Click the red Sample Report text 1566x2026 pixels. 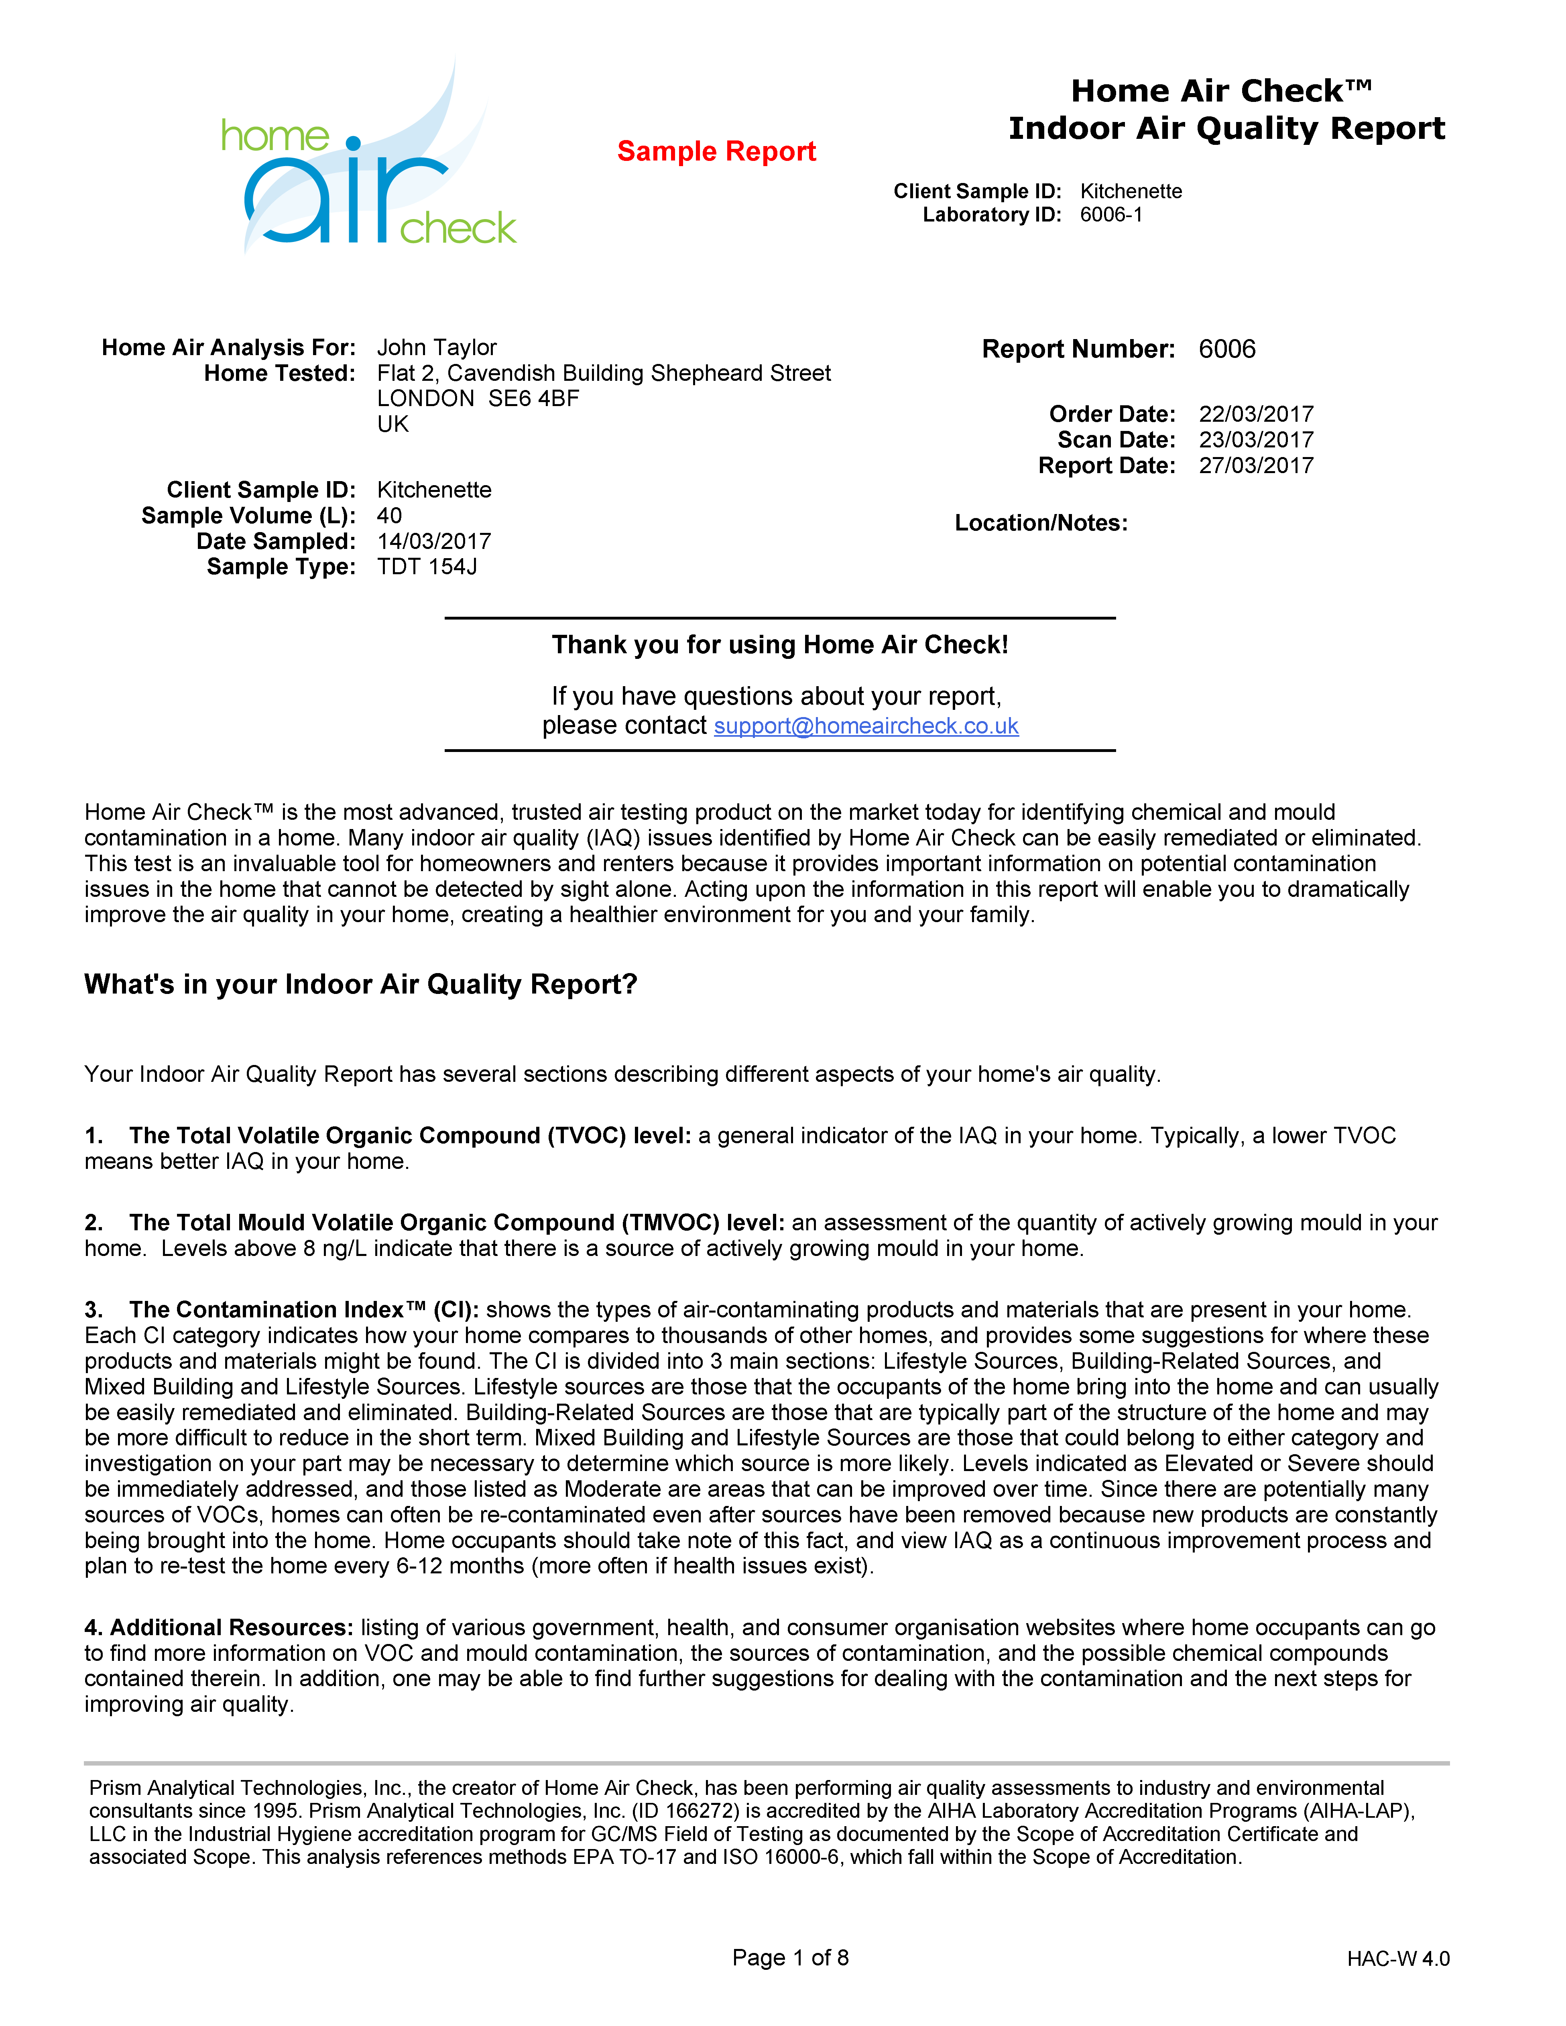click(716, 151)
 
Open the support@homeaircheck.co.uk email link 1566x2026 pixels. click(866, 726)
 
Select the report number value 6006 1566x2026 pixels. click(1226, 350)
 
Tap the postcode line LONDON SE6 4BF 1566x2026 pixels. click(478, 399)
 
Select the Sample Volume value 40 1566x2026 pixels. click(390, 516)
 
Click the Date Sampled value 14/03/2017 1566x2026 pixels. click(433, 542)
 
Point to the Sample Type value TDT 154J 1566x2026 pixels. click(427, 567)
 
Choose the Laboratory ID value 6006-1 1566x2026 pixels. click(1110, 215)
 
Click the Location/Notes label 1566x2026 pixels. click(1041, 523)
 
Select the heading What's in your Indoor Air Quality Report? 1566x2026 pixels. click(361, 984)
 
